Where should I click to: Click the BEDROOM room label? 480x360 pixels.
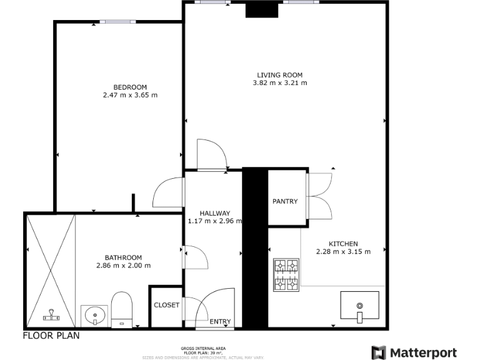130,87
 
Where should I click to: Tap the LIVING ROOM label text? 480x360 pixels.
279,74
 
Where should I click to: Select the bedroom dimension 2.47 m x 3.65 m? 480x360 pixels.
130,96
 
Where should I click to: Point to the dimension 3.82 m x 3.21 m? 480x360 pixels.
279,82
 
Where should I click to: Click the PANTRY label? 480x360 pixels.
285,201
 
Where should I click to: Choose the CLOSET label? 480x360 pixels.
166,306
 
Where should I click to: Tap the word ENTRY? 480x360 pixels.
220,322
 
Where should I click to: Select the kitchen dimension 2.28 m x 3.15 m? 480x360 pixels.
343,252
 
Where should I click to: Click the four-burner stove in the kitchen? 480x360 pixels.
286,276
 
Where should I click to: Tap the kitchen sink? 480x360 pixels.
359,307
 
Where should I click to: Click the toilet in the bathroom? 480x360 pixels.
122,309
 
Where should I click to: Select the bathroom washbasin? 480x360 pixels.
94,315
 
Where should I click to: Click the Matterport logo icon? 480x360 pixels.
379,352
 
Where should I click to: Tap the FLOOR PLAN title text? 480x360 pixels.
51,336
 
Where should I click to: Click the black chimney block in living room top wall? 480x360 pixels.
256,10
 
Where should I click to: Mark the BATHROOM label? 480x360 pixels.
123,257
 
